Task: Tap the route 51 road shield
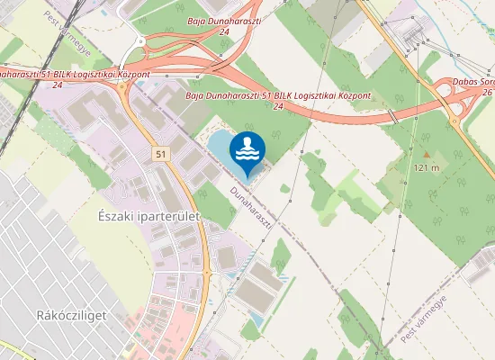pos(159,155)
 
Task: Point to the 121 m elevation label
pos(427,168)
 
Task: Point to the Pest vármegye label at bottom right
pos(426,319)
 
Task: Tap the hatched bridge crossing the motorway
pos(393,117)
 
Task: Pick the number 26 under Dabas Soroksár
pos(486,93)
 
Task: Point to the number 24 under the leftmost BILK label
pos(57,85)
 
